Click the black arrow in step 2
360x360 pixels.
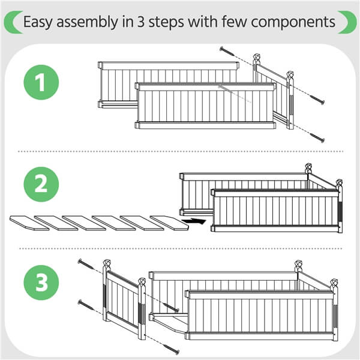click(194, 221)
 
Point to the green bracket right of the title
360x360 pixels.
click(347, 22)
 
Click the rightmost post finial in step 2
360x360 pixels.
click(339, 182)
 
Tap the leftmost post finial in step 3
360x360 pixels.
click(108, 263)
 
